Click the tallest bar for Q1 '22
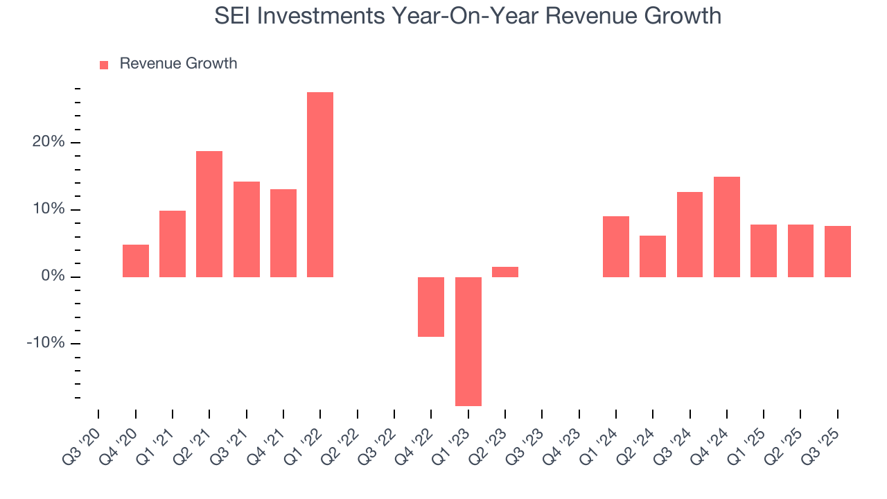click(x=320, y=184)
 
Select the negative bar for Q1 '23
click(x=468, y=341)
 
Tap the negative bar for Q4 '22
click(x=431, y=306)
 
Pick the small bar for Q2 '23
click(x=505, y=272)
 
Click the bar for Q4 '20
click(x=136, y=261)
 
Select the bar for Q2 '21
click(x=209, y=213)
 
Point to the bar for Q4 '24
click(x=727, y=227)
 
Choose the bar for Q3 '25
click(x=838, y=251)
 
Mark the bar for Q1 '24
click(x=616, y=246)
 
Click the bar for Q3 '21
click(x=247, y=229)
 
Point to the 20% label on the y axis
click(x=48, y=142)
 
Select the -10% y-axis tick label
click(x=46, y=344)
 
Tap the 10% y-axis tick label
click(x=48, y=209)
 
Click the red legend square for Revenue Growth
click(x=104, y=64)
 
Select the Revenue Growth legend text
click(x=178, y=64)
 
